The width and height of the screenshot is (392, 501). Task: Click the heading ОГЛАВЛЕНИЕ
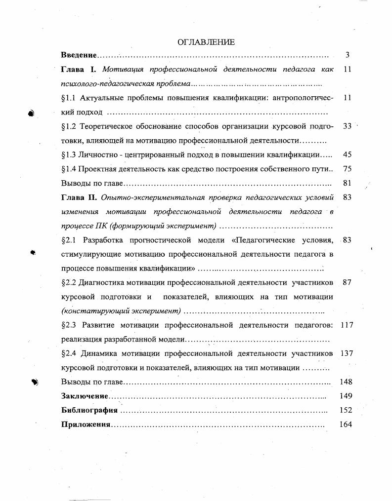coord(206,42)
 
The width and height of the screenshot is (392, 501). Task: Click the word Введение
coord(79,55)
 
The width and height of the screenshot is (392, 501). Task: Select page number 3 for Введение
coord(348,55)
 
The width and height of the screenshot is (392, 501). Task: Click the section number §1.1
coord(69,98)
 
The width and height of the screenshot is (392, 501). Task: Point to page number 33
coord(347,126)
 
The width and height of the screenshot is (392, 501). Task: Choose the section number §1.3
coord(69,154)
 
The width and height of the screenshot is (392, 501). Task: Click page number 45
coord(347,154)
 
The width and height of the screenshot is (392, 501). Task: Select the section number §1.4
coord(69,169)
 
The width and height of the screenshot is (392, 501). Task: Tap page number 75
coord(347,169)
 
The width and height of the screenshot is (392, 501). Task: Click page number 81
coord(347,183)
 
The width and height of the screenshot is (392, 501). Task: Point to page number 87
coord(347,282)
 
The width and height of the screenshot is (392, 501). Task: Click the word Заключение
coord(85,396)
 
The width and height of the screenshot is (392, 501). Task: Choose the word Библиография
coord(89,410)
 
